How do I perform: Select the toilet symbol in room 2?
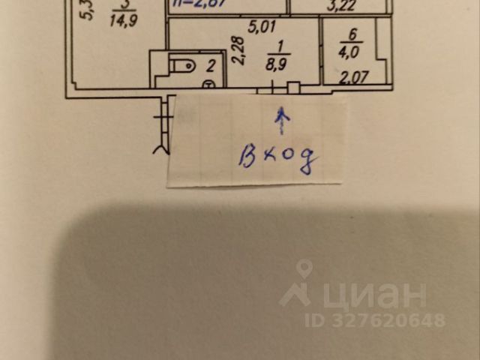[x=182, y=66]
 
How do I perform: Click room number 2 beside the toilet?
[x=211, y=66]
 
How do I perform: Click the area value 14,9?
[x=120, y=21]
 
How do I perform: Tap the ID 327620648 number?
[x=375, y=320]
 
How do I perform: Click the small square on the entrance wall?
[x=293, y=88]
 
